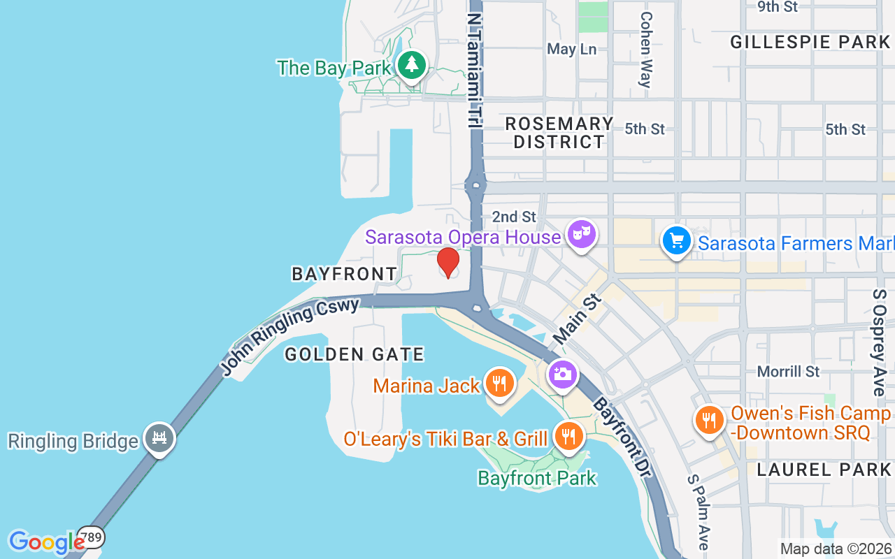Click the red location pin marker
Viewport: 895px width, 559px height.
coord(448,262)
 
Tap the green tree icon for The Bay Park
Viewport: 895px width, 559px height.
coord(412,65)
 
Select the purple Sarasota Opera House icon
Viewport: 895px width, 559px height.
coord(580,235)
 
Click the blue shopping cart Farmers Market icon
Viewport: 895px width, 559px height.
coord(676,242)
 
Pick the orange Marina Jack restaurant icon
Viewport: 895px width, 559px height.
coord(499,384)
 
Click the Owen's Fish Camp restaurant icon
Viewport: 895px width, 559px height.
coord(710,420)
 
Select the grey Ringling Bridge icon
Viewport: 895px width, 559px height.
coord(159,439)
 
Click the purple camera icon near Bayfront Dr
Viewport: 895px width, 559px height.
coord(562,375)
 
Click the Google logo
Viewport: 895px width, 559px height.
coord(46,542)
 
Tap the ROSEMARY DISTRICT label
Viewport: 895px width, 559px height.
coord(559,133)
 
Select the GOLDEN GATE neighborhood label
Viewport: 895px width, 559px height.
coord(355,355)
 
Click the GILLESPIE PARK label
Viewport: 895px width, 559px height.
coord(810,42)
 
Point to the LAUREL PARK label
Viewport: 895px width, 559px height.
coord(824,470)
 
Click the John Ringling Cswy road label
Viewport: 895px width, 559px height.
coord(290,335)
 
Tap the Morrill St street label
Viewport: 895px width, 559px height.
coord(788,371)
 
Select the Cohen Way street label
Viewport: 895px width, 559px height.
coord(645,50)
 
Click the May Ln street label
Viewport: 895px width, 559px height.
coord(571,49)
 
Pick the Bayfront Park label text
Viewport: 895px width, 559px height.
coord(537,478)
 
